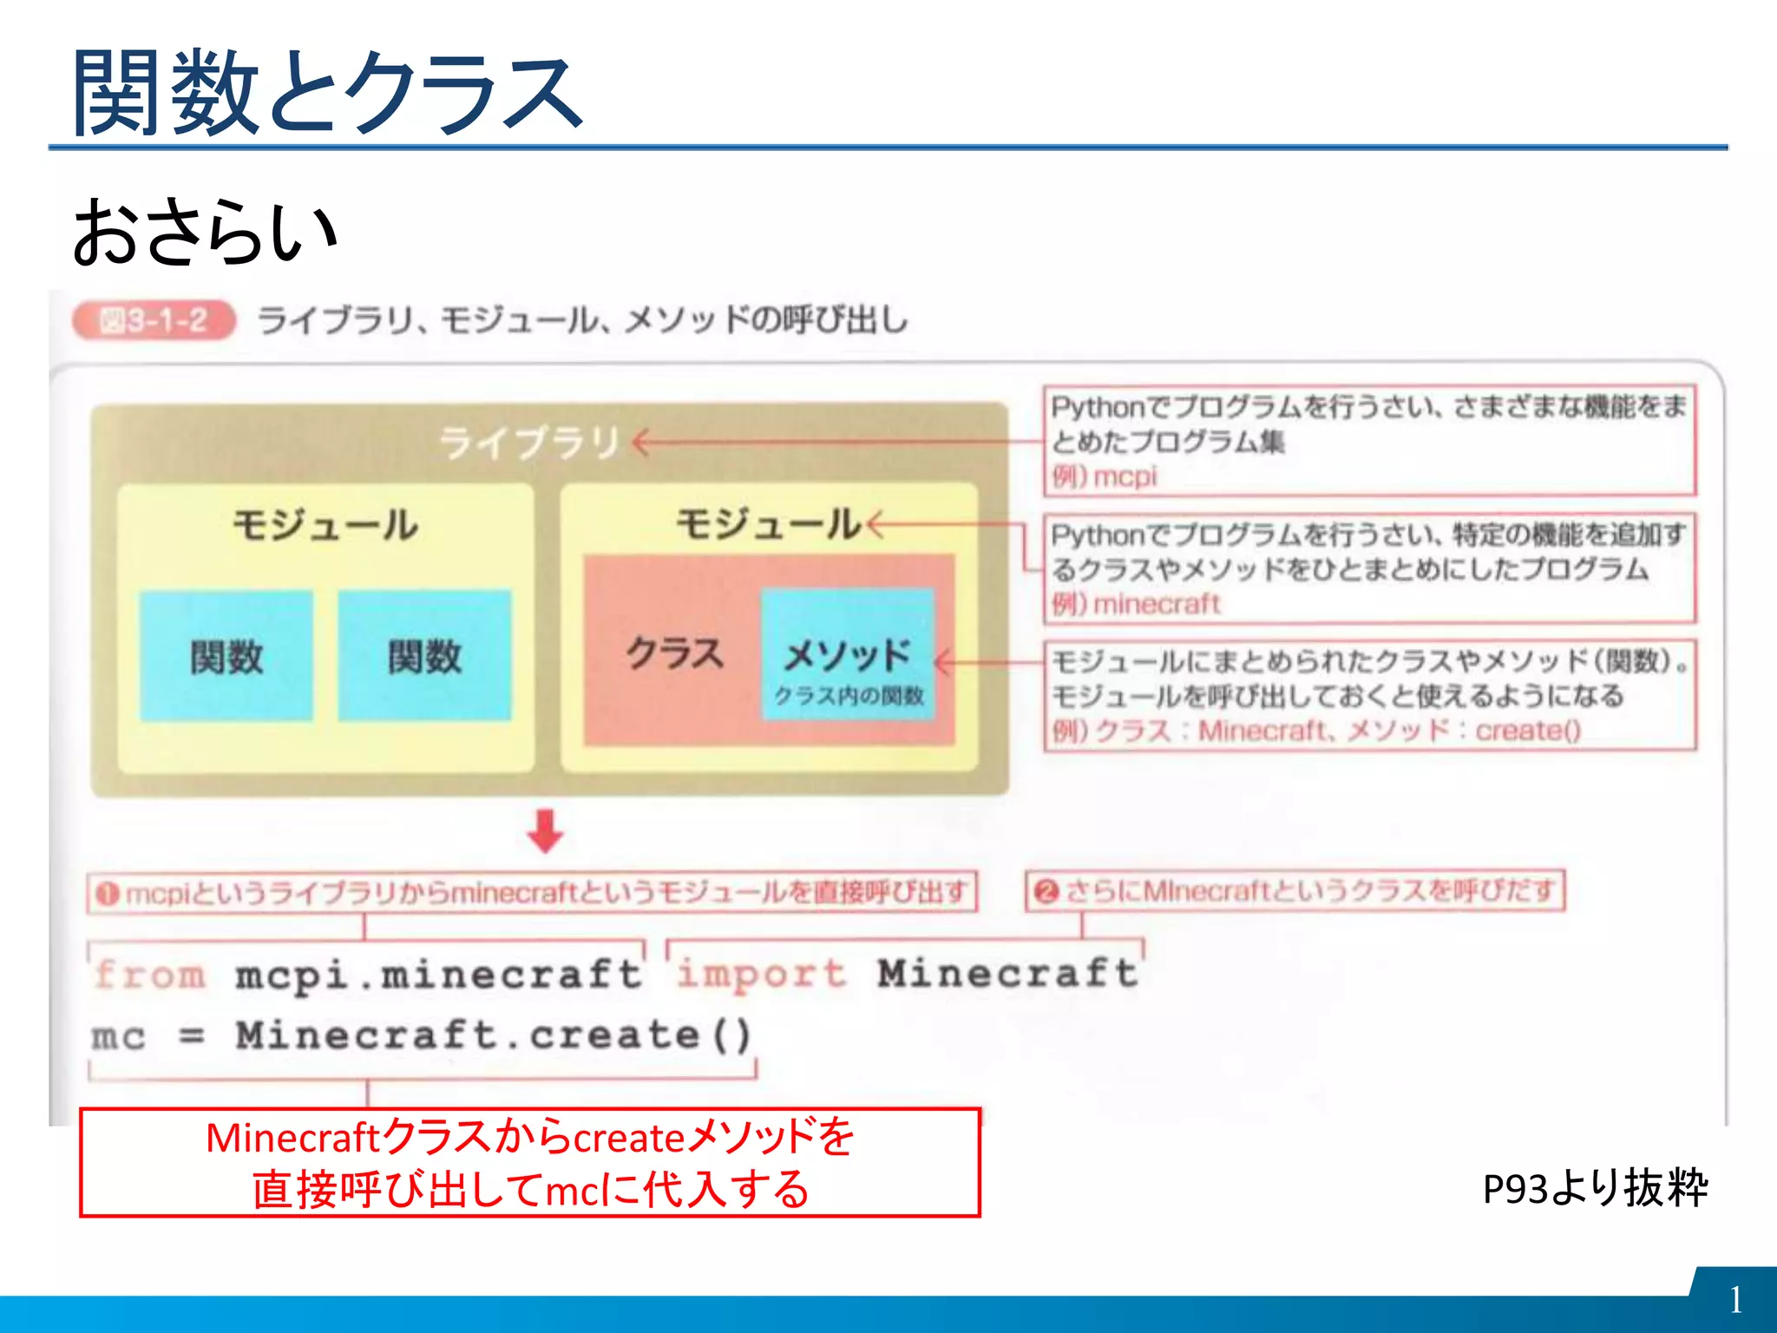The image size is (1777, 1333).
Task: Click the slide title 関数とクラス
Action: coord(328,93)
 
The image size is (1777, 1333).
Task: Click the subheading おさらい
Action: coord(205,232)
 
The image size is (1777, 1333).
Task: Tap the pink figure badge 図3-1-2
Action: coord(154,321)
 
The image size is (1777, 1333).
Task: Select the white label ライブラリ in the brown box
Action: coord(530,443)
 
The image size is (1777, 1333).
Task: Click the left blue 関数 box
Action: coord(226,656)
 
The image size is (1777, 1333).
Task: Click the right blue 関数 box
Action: coord(424,656)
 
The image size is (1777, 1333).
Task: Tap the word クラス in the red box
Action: coord(674,653)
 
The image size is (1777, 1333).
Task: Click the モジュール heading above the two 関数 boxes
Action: coord(325,525)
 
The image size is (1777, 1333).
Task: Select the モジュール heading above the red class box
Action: coord(768,524)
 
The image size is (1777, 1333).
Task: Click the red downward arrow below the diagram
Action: coord(545,831)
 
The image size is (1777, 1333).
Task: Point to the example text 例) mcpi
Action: coord(1105,476)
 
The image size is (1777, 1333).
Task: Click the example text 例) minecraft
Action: coord(1136,603)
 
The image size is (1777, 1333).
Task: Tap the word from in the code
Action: coord(150,975)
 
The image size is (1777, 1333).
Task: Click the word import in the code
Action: coord(761,974)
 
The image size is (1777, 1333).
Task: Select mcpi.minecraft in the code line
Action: coord(438,975)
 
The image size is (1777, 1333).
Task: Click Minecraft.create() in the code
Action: coord(493,1035)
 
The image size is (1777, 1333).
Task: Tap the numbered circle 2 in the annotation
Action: coord(1046,891)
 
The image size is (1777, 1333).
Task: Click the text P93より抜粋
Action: coord(1595,1188)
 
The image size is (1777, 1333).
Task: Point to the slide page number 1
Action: coord(1734,1300)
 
